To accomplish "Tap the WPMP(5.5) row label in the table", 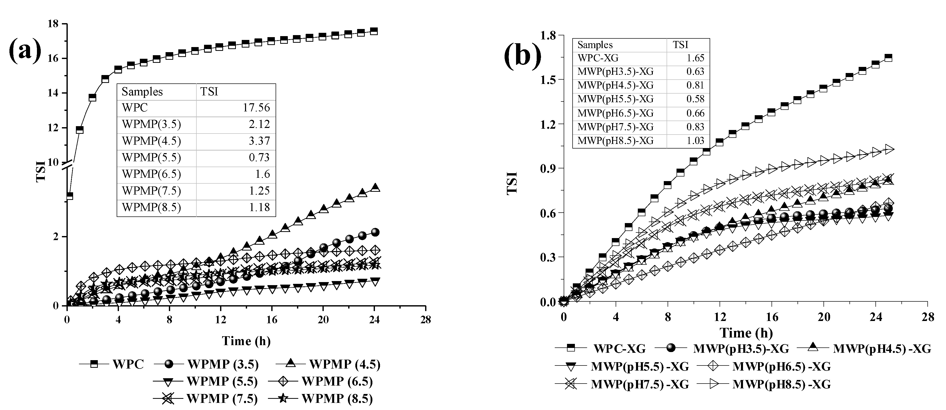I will (151, 157).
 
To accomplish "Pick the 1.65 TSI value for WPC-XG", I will (695, 58).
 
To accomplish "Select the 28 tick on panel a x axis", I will (425, 319).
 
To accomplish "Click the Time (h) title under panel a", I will (246, 341).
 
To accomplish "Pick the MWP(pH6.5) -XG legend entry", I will (781, 366).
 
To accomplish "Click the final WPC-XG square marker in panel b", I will (888, 57).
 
